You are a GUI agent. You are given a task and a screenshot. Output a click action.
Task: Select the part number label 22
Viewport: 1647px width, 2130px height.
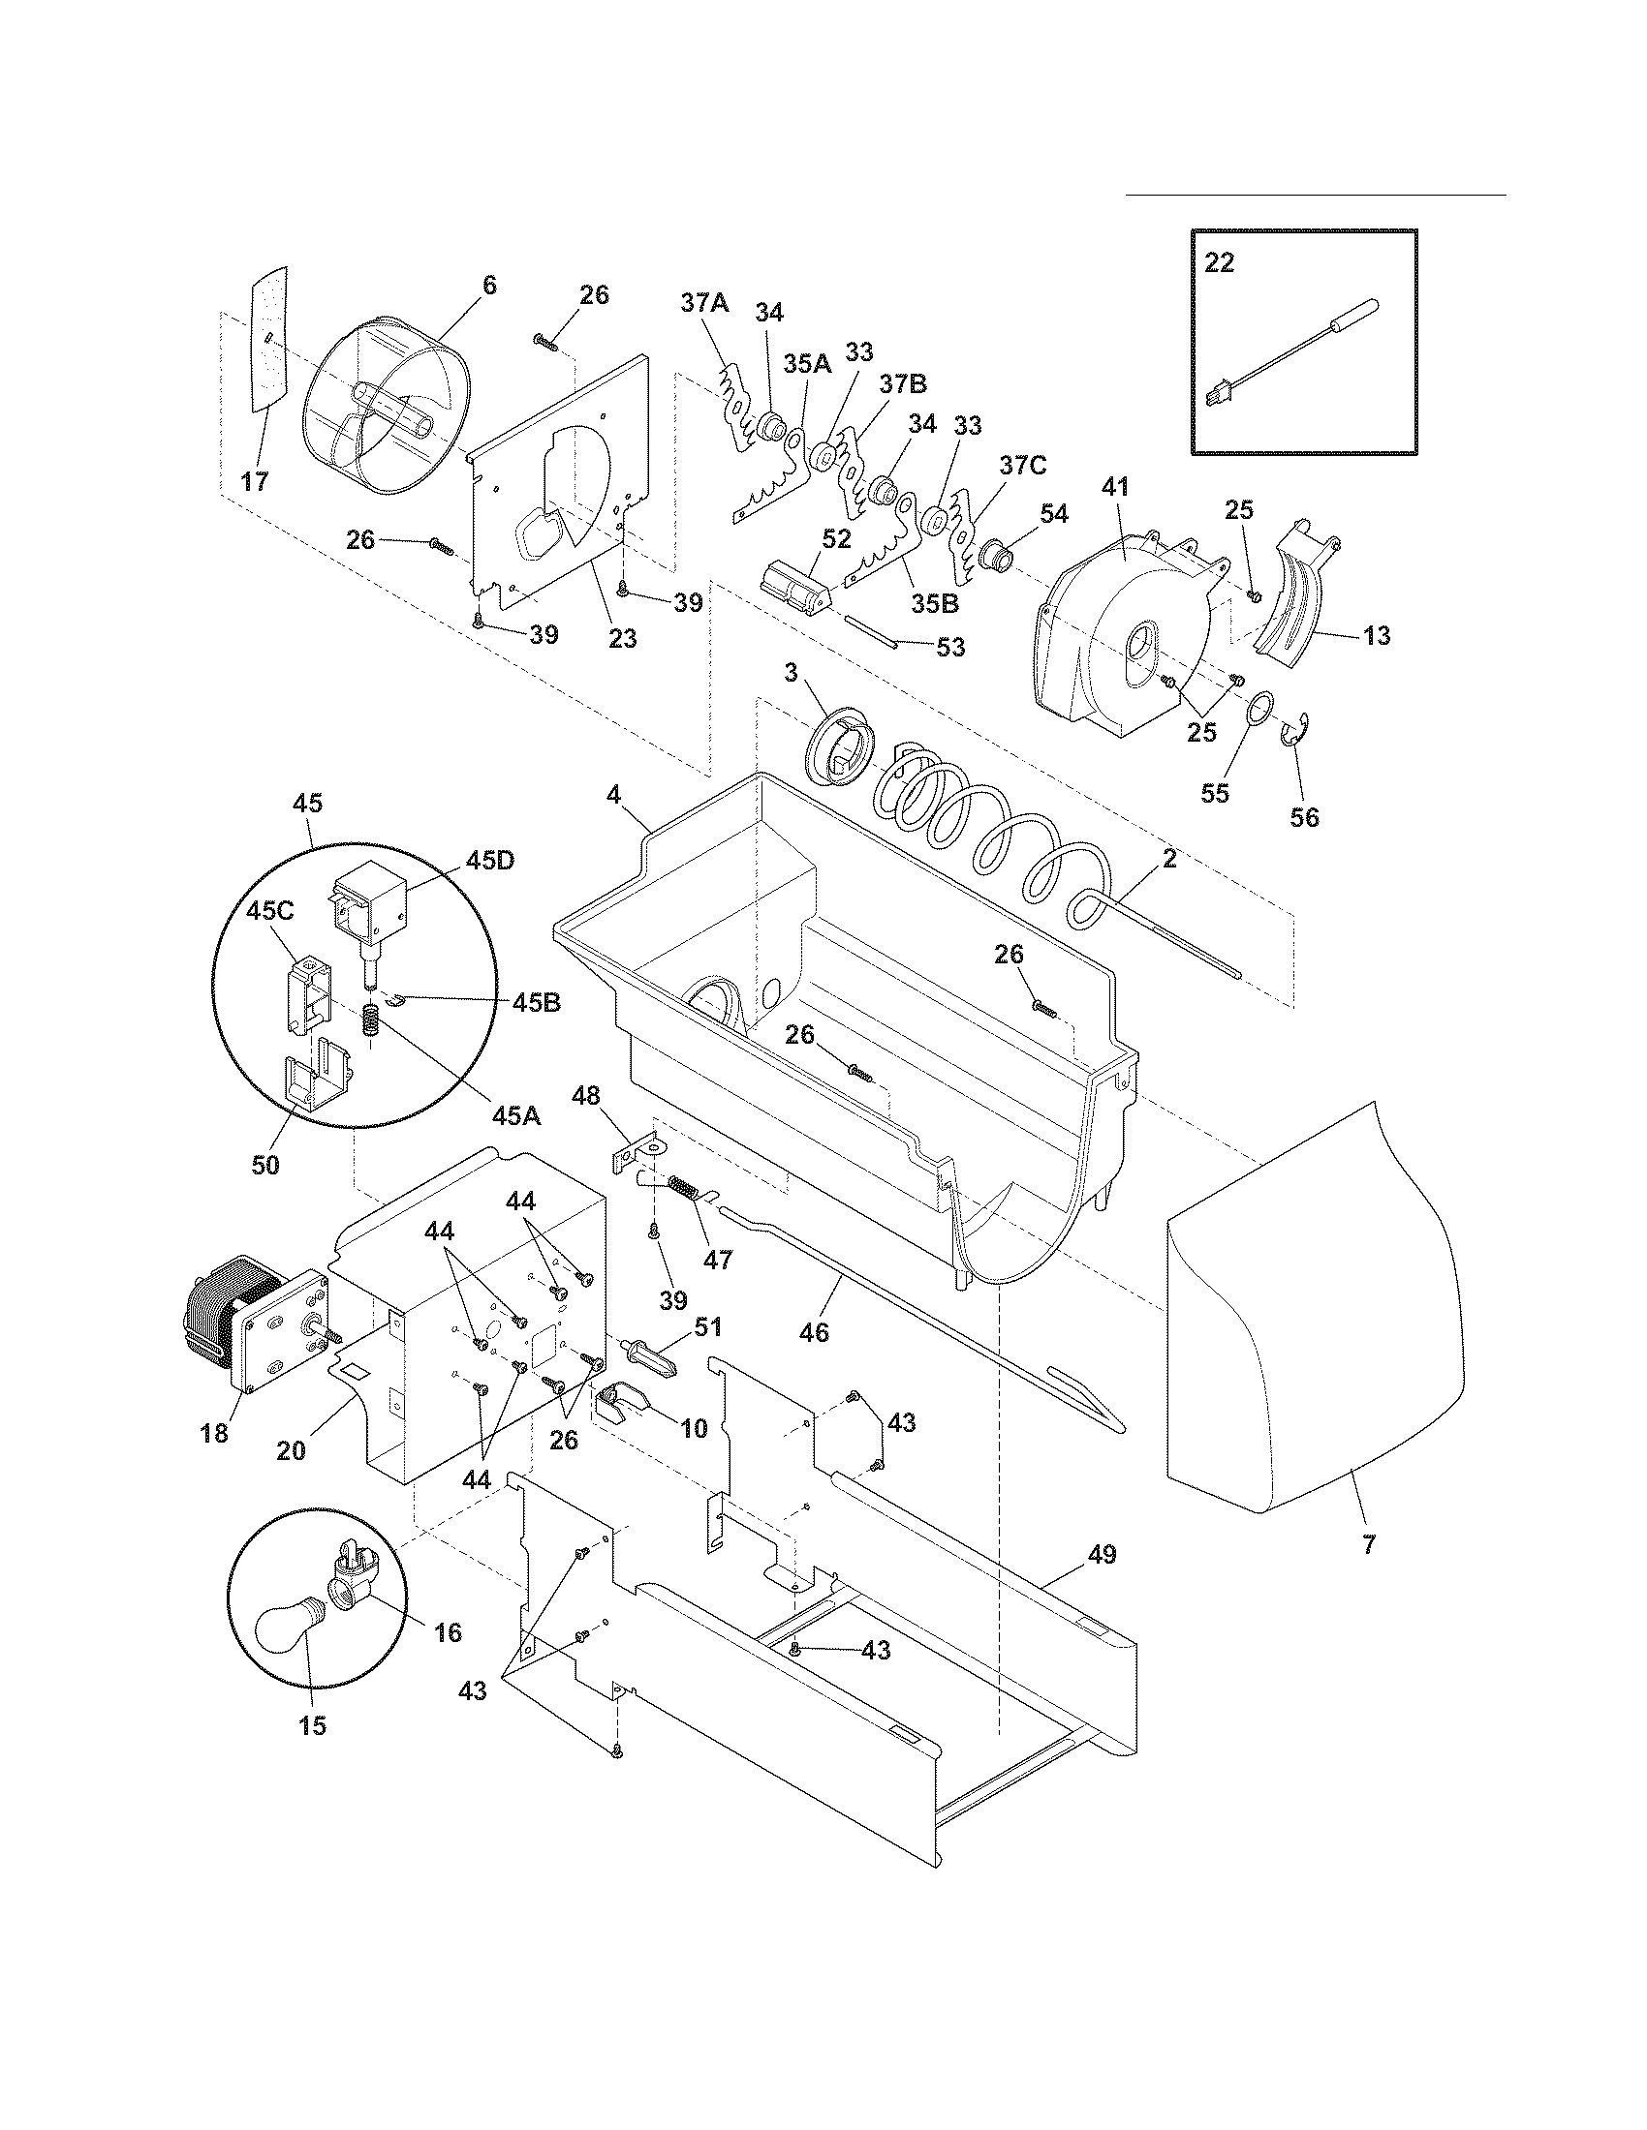(x=1219, y=263)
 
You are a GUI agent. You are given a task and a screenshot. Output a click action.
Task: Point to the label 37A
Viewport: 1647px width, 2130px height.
(x=704, y=303)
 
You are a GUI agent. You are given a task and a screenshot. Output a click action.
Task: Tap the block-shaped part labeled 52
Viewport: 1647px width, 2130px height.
(x=792, y=586)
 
